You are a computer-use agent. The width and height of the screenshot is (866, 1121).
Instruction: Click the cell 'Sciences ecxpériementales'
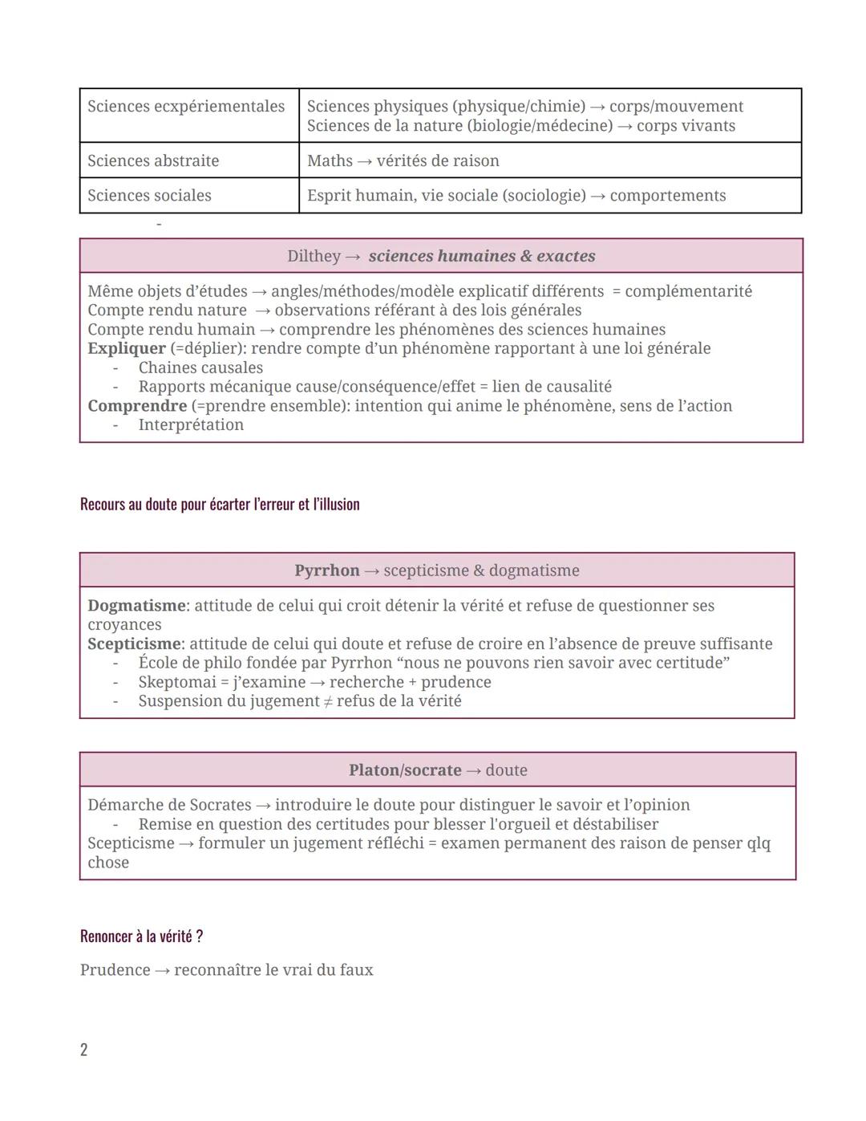coord(186,107)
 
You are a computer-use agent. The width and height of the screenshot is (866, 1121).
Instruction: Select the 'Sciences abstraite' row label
coord(153,160)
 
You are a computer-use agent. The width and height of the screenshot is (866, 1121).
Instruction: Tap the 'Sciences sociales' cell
coord(149,196)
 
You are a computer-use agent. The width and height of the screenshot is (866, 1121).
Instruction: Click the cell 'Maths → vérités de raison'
coord(403,160)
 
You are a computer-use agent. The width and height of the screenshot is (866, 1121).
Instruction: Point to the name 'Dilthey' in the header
coord(314,256)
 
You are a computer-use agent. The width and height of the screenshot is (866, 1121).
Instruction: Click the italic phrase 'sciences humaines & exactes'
coord(482,256)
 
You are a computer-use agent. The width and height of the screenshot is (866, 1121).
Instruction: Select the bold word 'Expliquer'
coord(127,348)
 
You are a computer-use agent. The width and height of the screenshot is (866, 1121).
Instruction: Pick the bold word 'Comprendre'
coord(137,406)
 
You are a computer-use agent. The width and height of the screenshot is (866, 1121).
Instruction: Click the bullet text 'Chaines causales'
coord(200,368)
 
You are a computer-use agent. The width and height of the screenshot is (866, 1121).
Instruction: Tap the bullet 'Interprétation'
coord(191,425)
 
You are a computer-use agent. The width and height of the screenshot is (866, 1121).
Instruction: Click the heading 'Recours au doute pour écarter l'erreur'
coord(220,505)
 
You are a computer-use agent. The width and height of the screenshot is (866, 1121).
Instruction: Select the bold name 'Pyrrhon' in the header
coord(326,571)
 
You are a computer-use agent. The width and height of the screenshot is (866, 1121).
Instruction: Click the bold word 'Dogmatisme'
coord(136,606)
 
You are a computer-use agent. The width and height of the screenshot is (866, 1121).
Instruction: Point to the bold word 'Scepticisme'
coord(134,644)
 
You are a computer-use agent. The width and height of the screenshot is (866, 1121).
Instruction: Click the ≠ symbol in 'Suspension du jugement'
coord(326,701)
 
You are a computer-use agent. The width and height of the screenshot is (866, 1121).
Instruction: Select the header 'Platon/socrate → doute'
coord(438,770)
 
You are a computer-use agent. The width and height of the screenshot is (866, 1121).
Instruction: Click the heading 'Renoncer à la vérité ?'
coord(141,936)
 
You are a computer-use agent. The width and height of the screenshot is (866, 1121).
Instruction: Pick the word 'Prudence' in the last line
coord(115,970)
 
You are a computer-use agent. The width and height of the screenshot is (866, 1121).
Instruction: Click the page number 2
coord(84,1050)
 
